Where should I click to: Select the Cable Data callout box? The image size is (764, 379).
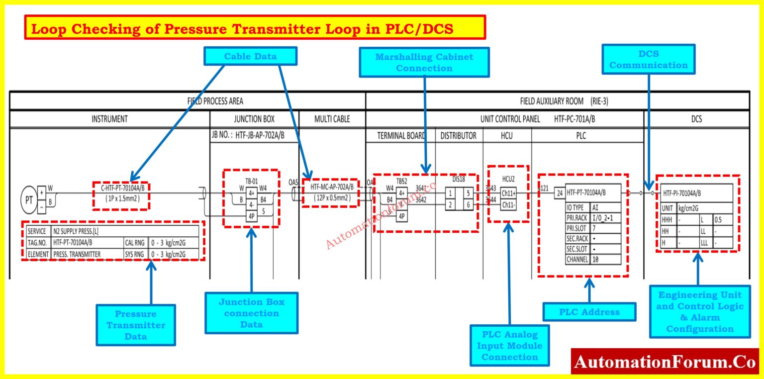coord(251,56)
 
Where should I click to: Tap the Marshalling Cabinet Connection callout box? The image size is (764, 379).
coord(424,62)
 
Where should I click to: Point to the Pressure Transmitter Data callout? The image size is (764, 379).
coord(135,325)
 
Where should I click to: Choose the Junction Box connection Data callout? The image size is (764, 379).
coord(251,313)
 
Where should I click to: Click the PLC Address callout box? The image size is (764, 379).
coord(589,312)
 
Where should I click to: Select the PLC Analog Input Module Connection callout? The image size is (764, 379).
coord(509,345)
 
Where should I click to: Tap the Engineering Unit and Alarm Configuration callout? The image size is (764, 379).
coord(699,311)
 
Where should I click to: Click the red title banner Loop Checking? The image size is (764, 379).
coord(255,28)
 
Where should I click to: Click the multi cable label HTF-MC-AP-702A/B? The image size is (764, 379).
coord(332,188)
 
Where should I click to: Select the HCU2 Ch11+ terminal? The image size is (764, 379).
coord(508,193)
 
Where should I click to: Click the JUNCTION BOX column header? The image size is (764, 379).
coord(254,119)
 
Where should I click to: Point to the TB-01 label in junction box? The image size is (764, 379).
coord(251,181)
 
